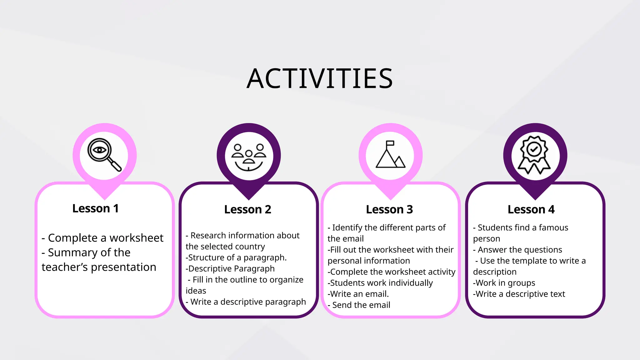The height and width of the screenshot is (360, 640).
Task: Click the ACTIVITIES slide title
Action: pyautogui.click(x=319, y=79)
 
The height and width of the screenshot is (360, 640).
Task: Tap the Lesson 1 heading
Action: pyautogui.click(x=95, y=208)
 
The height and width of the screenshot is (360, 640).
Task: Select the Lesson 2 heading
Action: pyautogui.click(x=247, y=209)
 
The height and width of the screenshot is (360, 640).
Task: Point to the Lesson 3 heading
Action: pyautogui.click(x=389, y=209)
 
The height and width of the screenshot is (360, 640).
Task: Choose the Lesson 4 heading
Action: pyautogui.click(x=531, y=209)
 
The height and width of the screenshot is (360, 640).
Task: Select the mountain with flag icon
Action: pyautogui.click(x=390, y=154)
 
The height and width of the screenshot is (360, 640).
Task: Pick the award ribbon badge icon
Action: pyautogui.click(x=534, y=155)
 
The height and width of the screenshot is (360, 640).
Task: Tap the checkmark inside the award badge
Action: pyautogui.click(x=534, y=149)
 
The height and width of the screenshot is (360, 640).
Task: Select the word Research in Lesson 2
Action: pyautogui.click(x=208, y=235)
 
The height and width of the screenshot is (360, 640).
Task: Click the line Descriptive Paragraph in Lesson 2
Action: pyautogui.click(x=231, y=269)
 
